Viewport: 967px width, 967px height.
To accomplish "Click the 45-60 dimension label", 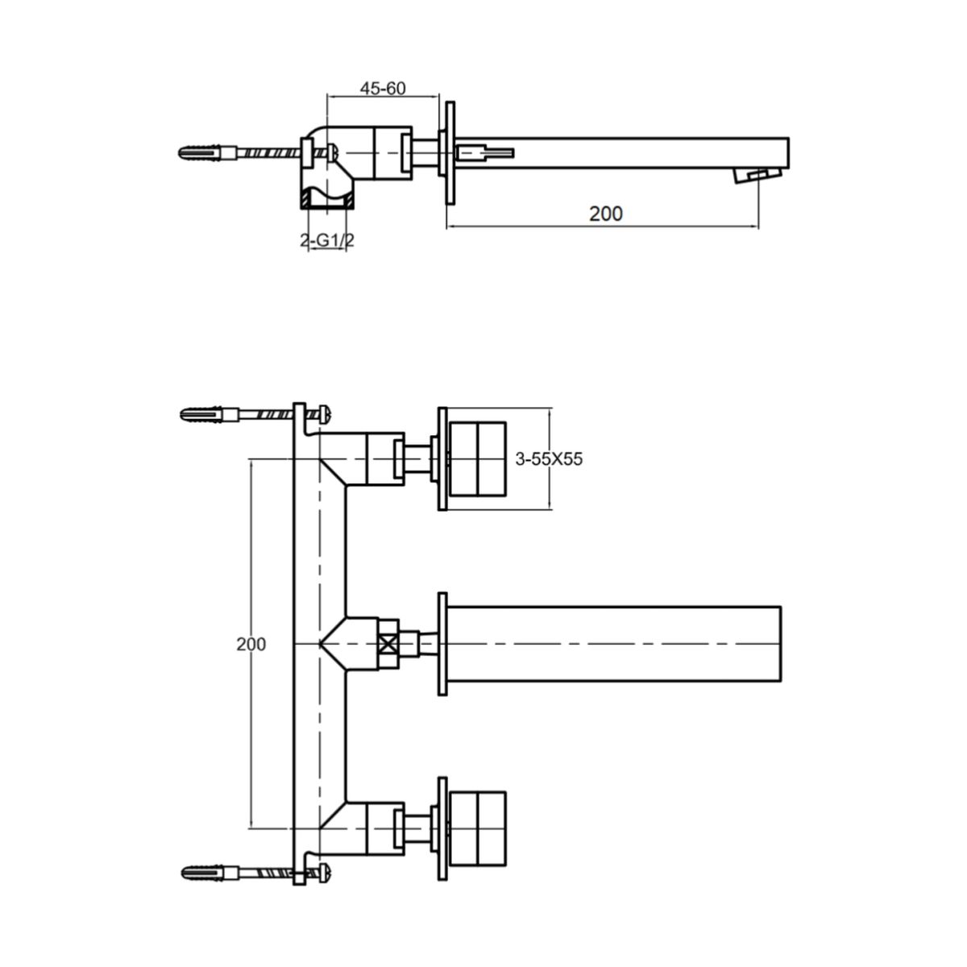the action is pos(383,89).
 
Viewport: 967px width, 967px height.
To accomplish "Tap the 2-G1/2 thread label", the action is pos(327,240).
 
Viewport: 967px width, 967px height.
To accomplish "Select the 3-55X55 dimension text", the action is pos(549,459).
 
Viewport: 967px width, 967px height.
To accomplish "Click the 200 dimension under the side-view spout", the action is pos(606,214).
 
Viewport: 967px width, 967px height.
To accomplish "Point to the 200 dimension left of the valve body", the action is pos(251,644).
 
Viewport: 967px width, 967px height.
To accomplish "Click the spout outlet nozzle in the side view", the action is pos(757,176).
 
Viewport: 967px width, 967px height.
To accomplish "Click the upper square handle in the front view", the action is pos(478,459).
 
